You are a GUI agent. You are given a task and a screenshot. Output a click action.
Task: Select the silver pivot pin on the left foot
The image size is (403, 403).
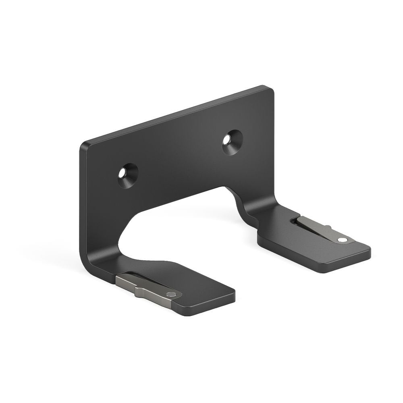coord(173,294)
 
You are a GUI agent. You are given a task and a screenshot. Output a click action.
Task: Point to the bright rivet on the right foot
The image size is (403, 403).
coord(343,240)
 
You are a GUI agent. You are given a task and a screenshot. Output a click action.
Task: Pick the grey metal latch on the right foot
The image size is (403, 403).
coord(318,228)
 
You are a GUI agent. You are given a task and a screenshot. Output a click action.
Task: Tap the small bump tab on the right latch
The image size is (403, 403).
coord(328,227)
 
